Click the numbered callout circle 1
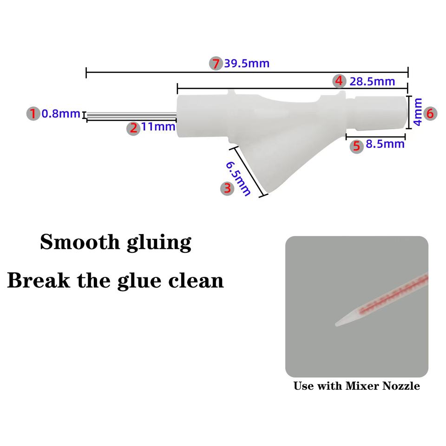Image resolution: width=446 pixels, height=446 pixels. tap(33, 113)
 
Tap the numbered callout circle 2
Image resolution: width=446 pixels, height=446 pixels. tap(134, 128)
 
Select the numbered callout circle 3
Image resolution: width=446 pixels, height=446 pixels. tap(227, 188)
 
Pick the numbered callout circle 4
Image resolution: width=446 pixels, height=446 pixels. tap(340, 81)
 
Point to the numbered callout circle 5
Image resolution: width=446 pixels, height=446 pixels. tap(356, 146)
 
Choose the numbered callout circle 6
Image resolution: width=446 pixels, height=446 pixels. tap(429, 113)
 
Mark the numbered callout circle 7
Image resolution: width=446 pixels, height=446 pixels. tap(215, 63)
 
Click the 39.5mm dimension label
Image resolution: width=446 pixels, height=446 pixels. tap(247, 64)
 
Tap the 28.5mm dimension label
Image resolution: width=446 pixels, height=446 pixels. tap(372, 82)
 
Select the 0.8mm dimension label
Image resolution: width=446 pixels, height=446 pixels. tap(61, 113)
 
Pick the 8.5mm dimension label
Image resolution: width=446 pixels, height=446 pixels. tap(385, 144)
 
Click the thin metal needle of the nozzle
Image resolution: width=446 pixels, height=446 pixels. tap(130, 116)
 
